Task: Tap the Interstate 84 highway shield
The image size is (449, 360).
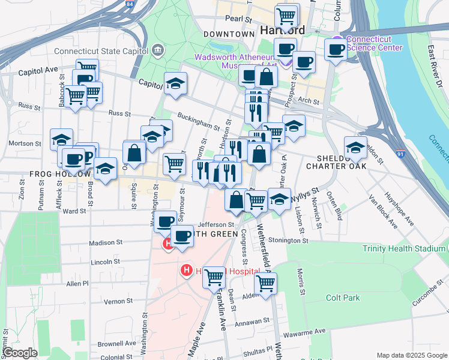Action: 130,4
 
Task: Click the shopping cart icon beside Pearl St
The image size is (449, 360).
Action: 287,14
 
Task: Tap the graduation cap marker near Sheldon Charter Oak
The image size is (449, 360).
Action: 355,147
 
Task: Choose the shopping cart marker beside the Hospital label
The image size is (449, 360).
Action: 214,277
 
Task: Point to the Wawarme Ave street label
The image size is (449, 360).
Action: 305,331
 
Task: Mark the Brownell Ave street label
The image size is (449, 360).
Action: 116,344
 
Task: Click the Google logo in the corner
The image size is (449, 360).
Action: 19,353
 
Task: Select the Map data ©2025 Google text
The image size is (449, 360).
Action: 411,355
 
